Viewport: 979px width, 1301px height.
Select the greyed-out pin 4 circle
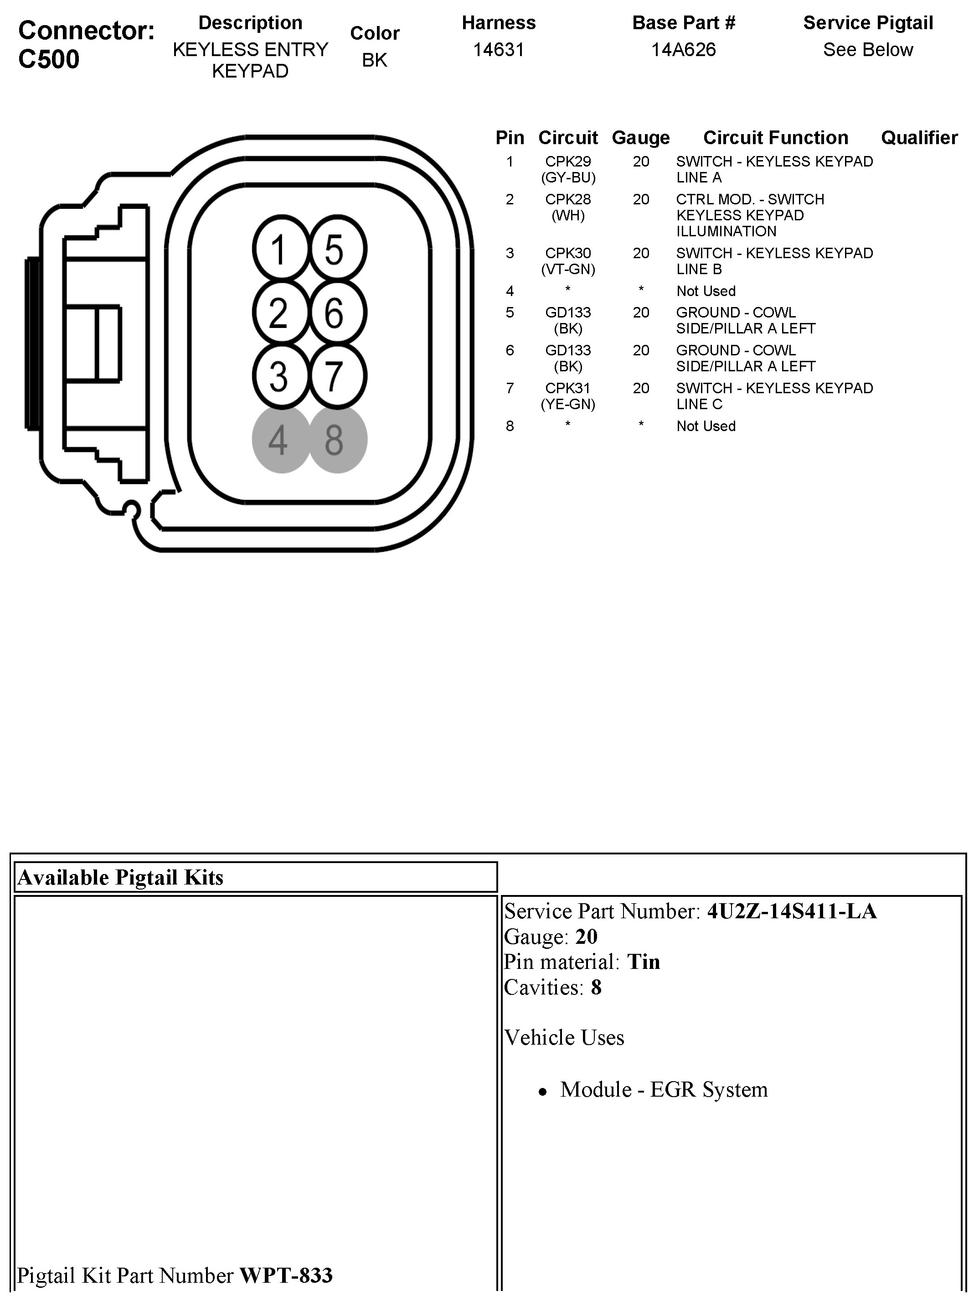point(280,439)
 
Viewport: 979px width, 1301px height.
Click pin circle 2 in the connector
point(280,313)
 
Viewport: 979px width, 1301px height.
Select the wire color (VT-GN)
point(567,270)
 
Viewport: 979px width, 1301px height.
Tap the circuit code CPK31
point(567,388)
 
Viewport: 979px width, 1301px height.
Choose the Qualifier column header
point(919,138)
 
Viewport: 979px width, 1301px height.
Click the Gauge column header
point(640,138)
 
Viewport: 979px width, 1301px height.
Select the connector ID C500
point(49,59)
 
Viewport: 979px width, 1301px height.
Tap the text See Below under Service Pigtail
point(868,50)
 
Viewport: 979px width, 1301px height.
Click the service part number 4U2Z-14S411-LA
point(792,911)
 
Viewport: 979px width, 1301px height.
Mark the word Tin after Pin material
point(644,962)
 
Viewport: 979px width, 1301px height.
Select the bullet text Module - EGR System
point(664,1089)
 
